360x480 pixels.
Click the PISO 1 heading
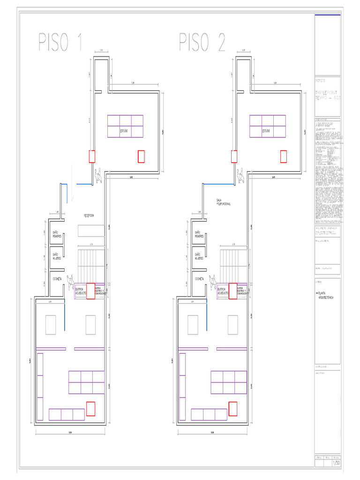[x=60, y=42]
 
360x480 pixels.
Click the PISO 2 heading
[x=202, y=42]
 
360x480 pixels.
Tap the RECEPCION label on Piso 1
[x=89, y=215]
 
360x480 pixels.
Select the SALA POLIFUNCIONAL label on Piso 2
[x=224, y=202]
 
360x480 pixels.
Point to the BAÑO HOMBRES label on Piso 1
[x=57, y=234]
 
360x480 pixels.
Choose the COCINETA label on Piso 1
[x=57, y=278]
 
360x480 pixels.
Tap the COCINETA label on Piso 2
[x=199, y=278]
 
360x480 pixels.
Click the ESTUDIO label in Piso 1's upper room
[x=124, y=131]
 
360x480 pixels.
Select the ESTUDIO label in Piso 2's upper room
[x=266, y=131]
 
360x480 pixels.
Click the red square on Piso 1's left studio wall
[x=92, y=156]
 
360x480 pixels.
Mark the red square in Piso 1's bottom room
[x=90, y=408]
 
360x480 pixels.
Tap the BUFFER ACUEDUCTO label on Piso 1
[x=81, y=292]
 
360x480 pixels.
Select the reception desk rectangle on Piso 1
[x=91, y=230]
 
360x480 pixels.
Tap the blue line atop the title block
[x=328, y=15]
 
